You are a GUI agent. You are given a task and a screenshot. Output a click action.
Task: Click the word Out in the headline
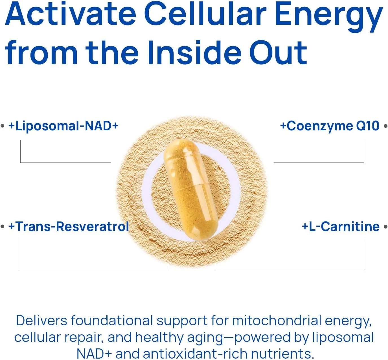278,53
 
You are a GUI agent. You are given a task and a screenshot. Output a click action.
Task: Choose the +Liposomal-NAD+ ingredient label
63,126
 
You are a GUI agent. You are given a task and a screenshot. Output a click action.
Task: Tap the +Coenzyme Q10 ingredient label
330,126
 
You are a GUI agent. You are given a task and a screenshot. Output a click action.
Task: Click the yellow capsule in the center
190,190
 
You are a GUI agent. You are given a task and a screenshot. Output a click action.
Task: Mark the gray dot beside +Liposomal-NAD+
3,126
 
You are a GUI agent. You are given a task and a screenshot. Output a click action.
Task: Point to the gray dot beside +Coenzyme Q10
386,126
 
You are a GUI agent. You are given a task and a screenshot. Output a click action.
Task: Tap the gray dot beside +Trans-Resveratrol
3,227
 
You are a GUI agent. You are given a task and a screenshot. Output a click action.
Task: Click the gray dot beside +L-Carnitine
386,227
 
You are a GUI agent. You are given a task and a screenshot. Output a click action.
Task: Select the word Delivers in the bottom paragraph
41,321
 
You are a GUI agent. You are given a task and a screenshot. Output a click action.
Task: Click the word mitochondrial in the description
276,321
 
